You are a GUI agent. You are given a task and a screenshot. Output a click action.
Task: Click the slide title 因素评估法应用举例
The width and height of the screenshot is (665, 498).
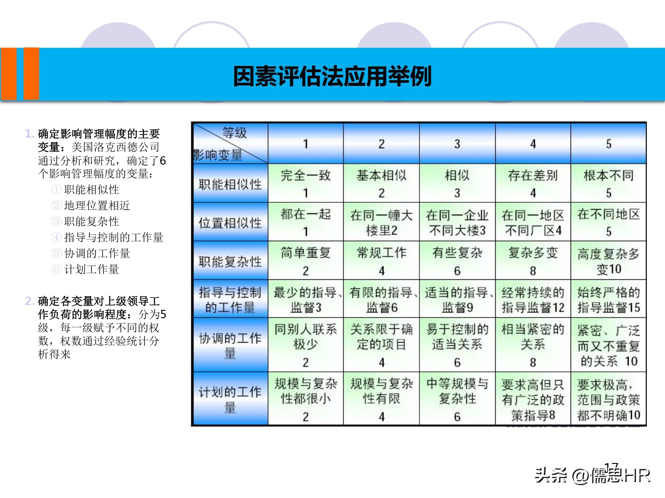click(332, 76)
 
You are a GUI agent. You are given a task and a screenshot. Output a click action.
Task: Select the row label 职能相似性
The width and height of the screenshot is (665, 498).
click(230, 184)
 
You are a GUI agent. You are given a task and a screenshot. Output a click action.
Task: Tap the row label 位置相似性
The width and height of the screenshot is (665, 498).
click(230, 223)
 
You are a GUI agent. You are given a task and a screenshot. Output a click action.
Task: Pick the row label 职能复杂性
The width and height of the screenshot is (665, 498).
click(230, 261)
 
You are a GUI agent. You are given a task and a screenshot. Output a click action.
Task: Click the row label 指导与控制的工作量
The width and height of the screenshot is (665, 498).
click(230, 300)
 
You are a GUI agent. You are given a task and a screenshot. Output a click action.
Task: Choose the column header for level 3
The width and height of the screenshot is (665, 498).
click(457, 144)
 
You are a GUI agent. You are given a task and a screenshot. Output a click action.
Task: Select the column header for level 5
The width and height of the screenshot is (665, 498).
click(608, 144)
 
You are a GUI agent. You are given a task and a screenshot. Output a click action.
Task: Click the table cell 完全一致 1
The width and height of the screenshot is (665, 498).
click(305, 183)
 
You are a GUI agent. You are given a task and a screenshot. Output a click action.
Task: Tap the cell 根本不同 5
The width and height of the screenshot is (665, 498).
click(608, 183)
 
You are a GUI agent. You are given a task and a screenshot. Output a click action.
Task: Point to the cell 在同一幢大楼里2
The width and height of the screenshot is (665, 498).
click(381, 223)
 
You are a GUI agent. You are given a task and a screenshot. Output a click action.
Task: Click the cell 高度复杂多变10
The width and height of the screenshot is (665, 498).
click(608, 261)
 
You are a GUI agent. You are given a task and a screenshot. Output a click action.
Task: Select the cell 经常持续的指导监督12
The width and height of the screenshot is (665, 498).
click(533, 300)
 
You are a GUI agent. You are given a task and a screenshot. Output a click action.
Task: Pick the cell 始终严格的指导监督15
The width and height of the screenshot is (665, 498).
click(608, 300)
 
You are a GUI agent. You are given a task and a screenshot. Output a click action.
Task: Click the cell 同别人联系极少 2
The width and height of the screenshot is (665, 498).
click(305, 345)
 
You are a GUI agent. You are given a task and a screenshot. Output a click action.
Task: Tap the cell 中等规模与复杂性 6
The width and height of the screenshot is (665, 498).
click(457, 399)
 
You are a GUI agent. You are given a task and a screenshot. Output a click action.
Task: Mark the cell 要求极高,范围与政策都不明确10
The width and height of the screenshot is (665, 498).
click(608, 399)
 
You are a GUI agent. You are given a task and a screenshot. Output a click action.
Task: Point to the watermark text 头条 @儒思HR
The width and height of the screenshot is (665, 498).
click(592, 475)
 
